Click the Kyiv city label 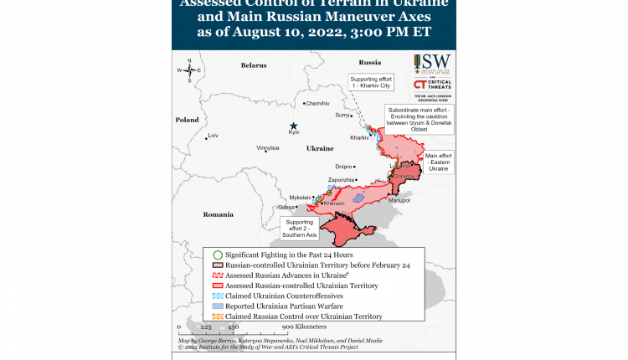point(293,132)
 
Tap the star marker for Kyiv point(293,125)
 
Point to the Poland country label point(187,120)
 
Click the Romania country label point(218,214)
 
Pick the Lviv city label point(213,135)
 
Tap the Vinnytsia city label point(268,147)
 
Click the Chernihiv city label point(318,103)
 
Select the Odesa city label point(287,207)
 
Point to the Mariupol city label point(399,200)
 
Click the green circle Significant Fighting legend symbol point(218,255)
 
